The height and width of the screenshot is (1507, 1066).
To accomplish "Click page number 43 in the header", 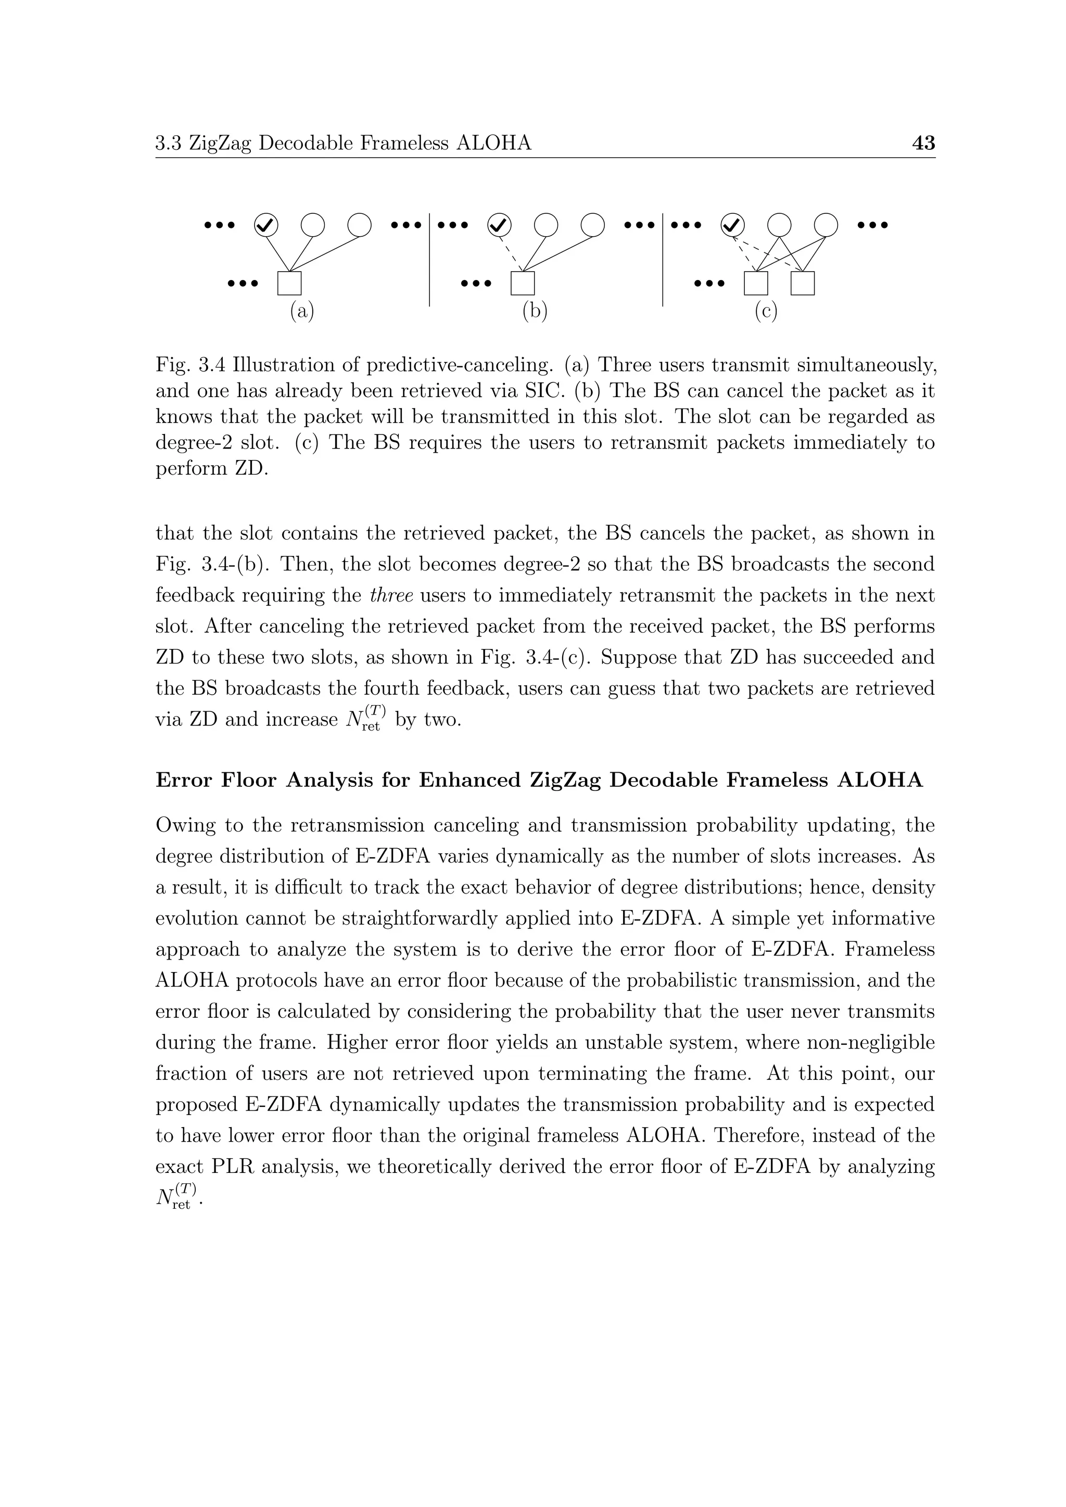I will pos(923,143).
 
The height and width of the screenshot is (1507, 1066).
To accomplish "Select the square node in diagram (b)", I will pos(523,283).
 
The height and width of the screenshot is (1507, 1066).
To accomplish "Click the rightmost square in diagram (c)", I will pos(802,283).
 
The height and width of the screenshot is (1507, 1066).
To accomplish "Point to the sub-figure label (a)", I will pos(302,311).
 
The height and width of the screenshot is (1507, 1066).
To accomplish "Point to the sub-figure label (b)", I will pos(535,311).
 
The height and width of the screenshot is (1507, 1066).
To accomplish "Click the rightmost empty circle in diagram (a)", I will pos(359,225).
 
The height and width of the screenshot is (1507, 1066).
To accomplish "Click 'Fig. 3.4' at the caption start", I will pos(191,364).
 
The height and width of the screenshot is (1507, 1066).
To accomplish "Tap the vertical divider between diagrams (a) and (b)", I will pos(429,259).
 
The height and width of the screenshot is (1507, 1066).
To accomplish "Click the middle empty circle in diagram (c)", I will pos(779,225).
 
